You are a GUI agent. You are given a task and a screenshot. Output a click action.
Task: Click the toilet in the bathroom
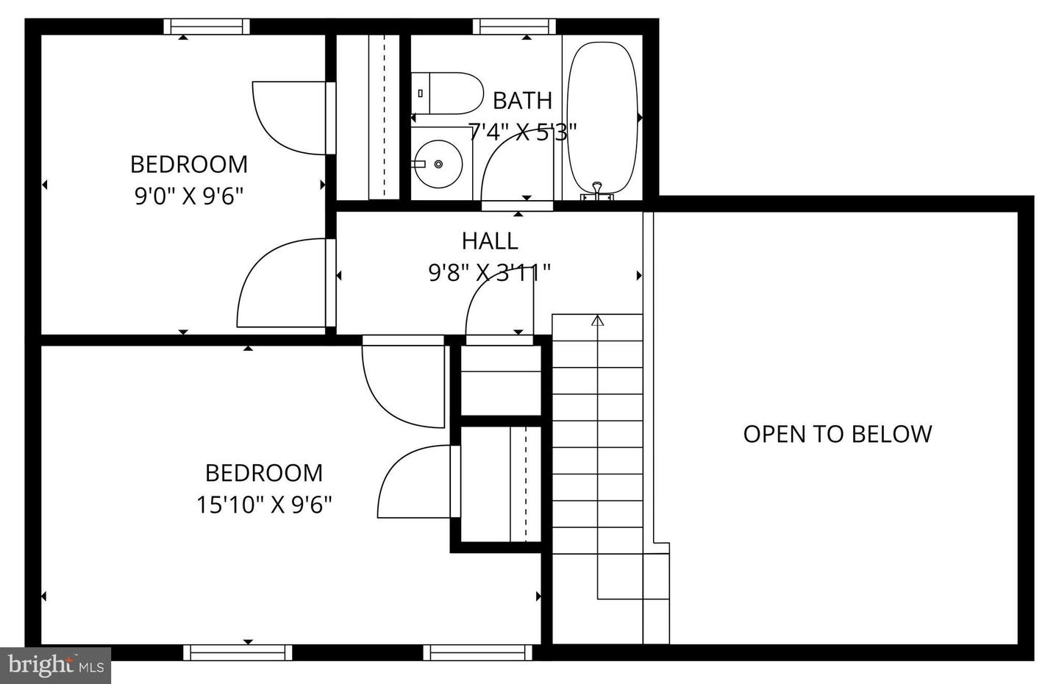(447, 93)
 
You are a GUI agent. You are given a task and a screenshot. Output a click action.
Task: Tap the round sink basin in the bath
(438, 164)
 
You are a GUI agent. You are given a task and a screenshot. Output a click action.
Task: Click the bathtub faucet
(597, 190)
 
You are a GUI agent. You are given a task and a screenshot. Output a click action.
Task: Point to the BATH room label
(522, 101)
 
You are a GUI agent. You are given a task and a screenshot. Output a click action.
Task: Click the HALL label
(490, 241)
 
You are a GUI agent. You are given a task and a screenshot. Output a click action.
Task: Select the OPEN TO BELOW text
(837, 434)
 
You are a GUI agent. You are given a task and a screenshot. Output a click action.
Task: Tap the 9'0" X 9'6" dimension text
(188, 196)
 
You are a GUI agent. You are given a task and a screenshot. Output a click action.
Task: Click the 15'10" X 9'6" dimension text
(264, 505)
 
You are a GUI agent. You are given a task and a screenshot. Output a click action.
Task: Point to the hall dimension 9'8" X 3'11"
(489, 272)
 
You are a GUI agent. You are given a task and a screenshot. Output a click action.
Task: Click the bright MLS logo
(55, 666)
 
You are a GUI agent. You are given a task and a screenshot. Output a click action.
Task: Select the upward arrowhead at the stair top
(598, 321)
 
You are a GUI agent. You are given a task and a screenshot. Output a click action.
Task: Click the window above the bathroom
(514, 26)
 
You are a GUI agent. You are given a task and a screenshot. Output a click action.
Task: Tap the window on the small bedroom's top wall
(207, 26)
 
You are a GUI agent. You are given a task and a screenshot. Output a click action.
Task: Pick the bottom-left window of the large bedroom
(238, 652)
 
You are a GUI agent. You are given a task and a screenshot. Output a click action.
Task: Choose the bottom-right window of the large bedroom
(477, 652)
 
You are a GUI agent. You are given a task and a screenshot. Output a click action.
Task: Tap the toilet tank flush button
(420, 93)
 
